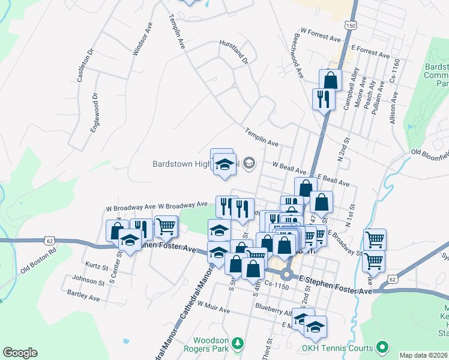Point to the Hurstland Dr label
[234, 51]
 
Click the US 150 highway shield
[351, 26]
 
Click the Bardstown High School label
[196, 163]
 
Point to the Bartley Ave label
[84, 296]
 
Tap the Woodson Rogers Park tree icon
[239, 343]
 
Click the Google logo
[20, 353]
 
